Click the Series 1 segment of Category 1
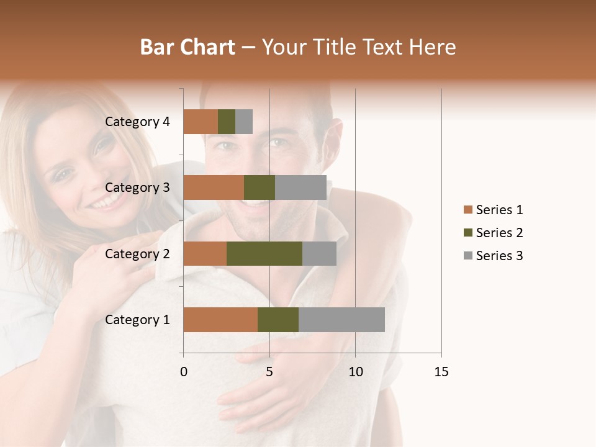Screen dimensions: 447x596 pyautogui.click(x=220, y=320)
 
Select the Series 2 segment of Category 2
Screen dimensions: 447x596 pyautogui.click(x=264, y=253)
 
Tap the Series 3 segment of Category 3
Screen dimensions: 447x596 pyautogui.click(x=300, y=187)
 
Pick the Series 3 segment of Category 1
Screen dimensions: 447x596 pyautogui.click(x=341, y=320)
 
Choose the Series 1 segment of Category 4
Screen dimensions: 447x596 pyautogui.click(x=201, y=122)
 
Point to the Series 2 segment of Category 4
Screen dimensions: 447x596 pyautogui.click(x=227, y=122)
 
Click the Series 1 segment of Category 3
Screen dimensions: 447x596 pyautogui.click(x=214, y=187)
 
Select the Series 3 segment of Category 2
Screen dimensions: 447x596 pyautogui.click(x=319, y=253)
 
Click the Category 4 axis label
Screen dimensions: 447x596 pyautogui.click(x=137, y=122)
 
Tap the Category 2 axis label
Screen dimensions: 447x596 pyautogui.click(x=137, y=253)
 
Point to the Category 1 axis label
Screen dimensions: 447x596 pyautogui.click(x=137, y=320)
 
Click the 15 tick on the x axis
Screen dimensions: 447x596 pyautogui.click(x=441, y=372)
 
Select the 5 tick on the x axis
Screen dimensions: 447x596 pyautogui.click(x=269, y=372)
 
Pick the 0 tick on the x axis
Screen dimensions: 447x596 pyautogui.click(x=184, y=372)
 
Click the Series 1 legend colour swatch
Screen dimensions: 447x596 pyautogui.click(x=467, y=210)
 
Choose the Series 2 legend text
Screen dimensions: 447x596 pyautogui.click(x=499, y=233)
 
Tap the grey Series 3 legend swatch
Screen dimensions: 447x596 pyautogui.click(x=467, y=256)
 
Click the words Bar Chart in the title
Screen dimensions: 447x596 pyautogui.click(x=187, y=47)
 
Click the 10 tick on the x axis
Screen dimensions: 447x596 pyautogui.click(x=355, y=372)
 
